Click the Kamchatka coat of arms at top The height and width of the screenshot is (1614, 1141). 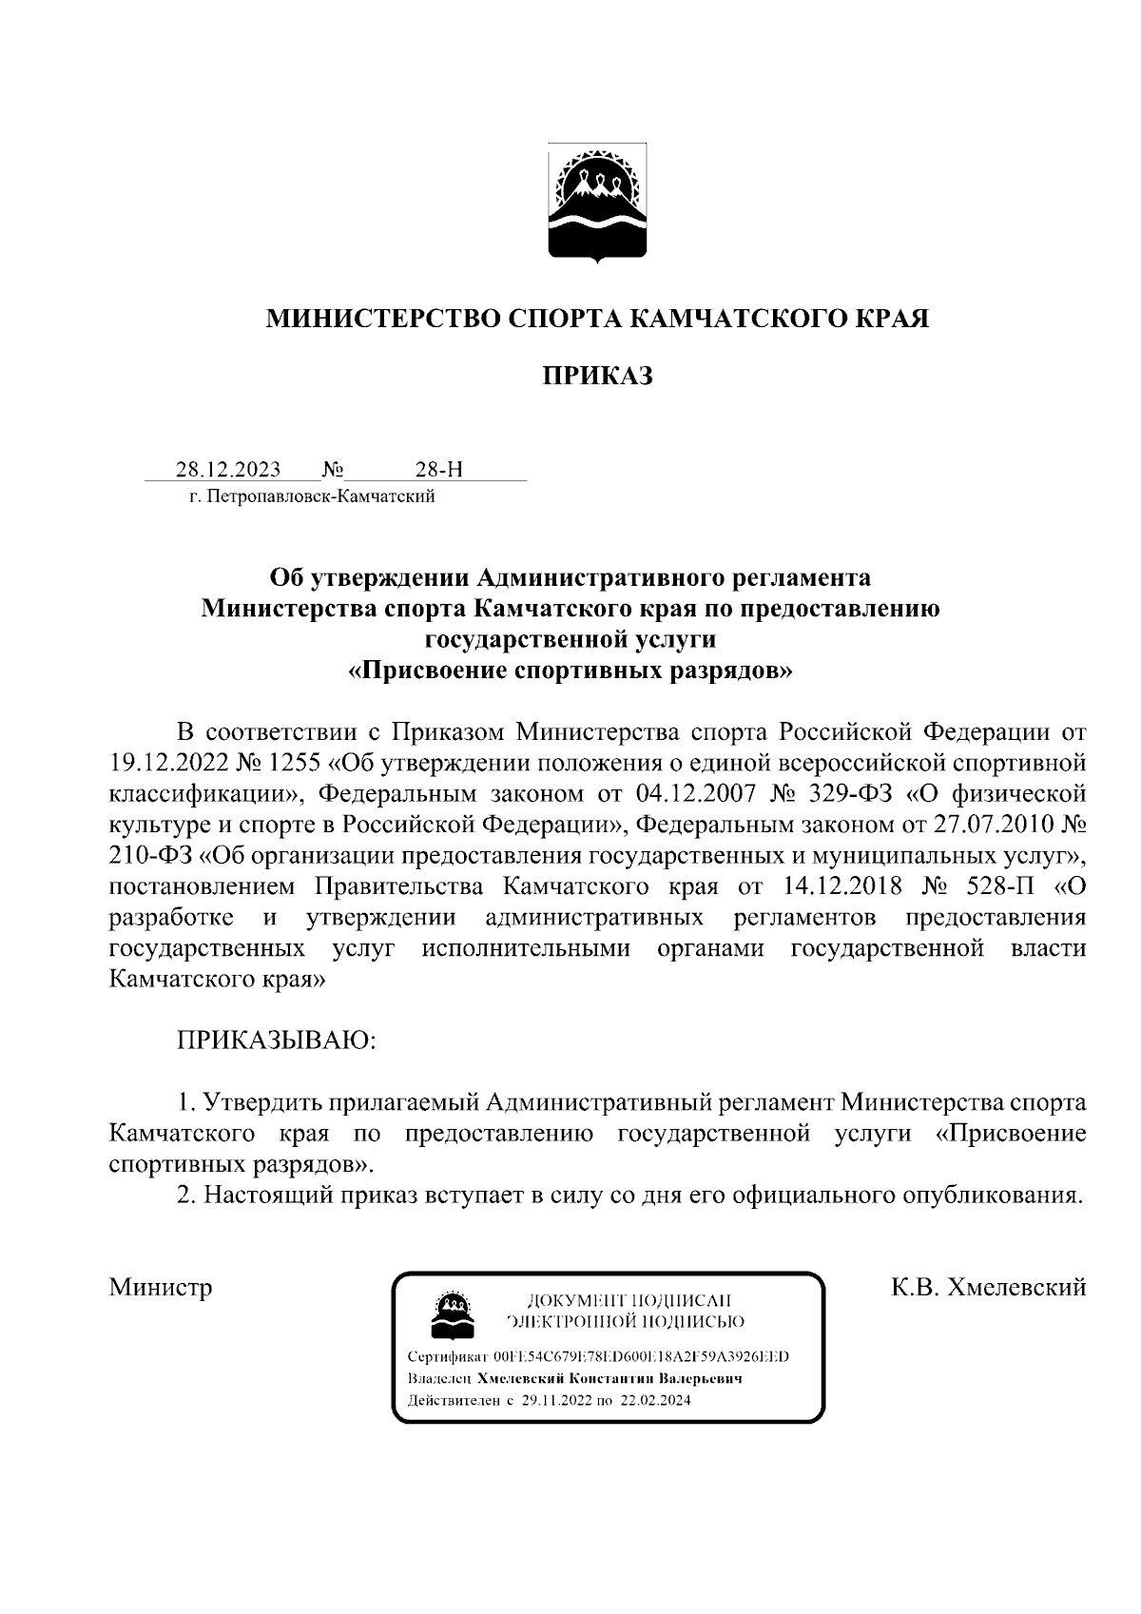pyautogui.click(x=597, y=202)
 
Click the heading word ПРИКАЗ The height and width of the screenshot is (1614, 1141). pyautogui.click(x=597, y=377)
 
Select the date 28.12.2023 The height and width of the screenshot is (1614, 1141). pyautogui.click(x=227, y=470)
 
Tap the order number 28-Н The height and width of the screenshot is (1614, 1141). pyautogui.click(x=439, y=470)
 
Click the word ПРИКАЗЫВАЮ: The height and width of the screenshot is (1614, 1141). pyautogui.click(x=277, y=1040)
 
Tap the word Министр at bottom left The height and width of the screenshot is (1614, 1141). pyautogui.click(x=161, y=1288)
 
